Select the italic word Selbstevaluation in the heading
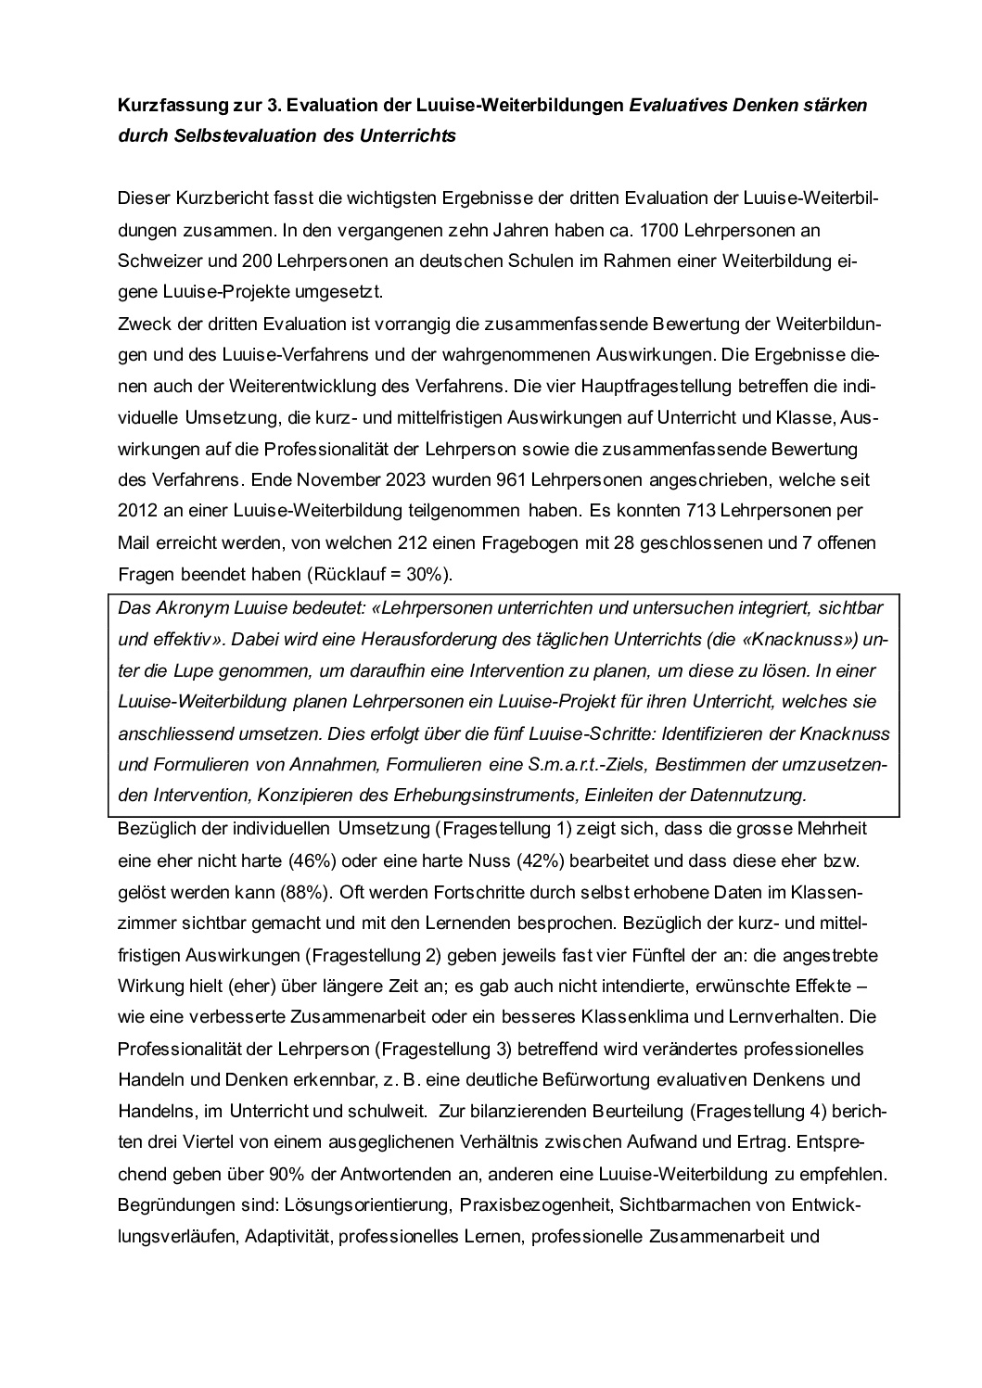[232, 135]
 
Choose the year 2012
[138, 511]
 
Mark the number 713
[700, 511]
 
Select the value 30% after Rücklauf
[424, 574]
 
